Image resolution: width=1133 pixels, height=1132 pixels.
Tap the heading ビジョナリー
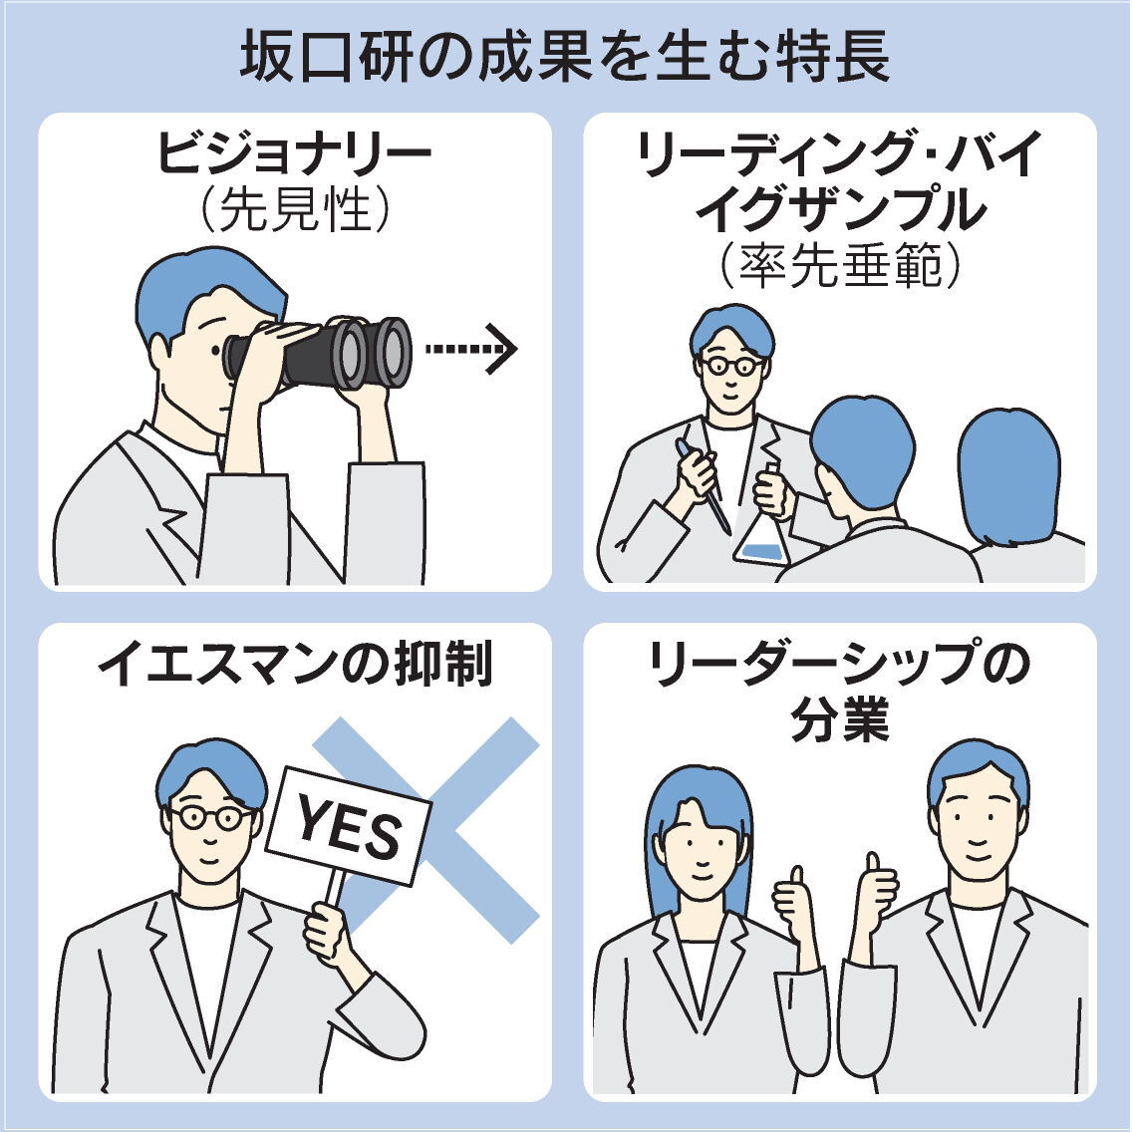click(294, 153)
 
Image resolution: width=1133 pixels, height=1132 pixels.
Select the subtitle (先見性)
click(294, 210)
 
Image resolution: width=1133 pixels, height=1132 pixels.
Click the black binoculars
click(318, 354)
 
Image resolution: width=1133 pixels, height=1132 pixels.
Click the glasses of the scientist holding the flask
click(731, 365)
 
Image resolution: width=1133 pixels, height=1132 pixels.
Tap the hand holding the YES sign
click(327, 933)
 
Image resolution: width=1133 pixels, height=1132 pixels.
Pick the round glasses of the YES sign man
click(211, 817)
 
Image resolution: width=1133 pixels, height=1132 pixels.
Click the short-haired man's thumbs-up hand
click(875, 892)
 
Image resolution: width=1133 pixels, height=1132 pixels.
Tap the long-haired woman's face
click(700, 850)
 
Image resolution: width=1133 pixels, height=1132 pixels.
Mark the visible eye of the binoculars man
click(215, 351)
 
